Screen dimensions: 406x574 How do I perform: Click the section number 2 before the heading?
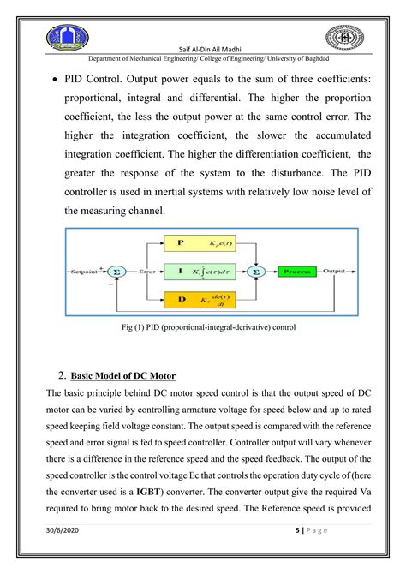62,374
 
